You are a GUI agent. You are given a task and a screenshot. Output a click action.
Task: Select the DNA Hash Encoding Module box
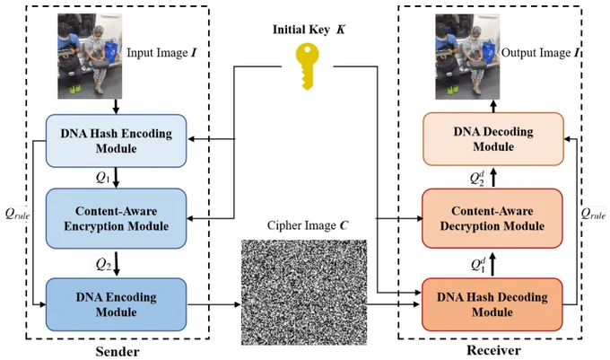117,141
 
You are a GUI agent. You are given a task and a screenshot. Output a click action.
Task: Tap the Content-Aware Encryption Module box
117,218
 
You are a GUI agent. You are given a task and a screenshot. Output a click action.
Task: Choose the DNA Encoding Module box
117,304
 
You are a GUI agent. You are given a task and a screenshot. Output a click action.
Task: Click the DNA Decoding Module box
493,139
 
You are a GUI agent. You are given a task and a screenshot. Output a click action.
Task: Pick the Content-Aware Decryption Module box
492,218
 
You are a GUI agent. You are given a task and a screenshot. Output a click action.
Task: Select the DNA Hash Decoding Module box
492,304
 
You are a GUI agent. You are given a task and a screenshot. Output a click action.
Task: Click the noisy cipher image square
304,293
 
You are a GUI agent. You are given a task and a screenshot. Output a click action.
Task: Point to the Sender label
118,352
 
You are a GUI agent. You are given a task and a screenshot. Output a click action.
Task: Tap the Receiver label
493,350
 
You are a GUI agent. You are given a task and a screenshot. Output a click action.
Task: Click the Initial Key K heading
309,30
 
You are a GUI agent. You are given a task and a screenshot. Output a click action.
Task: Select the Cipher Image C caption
308,225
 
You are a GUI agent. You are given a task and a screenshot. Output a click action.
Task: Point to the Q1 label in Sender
102,179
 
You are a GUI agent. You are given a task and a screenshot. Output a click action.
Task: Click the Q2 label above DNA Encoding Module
103,265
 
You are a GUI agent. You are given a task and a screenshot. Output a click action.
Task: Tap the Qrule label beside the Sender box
17,214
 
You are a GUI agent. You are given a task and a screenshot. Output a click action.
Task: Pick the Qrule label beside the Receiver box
593,214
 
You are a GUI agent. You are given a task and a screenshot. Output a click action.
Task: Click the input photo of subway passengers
90,56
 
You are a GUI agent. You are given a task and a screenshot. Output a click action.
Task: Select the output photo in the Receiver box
467,57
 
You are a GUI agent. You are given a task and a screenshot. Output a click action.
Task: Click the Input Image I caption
161,53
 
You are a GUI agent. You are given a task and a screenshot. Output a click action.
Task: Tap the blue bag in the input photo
111,50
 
